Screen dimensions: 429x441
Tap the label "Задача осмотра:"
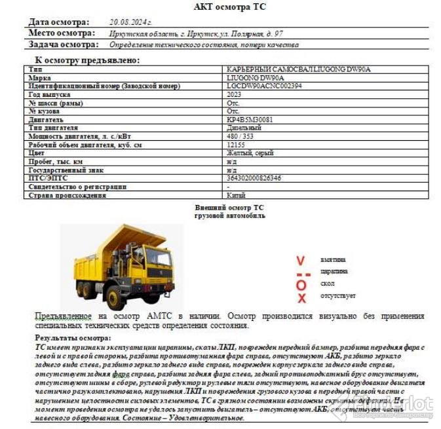click(x=64, y=45)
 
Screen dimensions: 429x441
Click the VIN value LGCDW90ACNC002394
click(x=264, y=86)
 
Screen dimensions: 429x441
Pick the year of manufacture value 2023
click(x=234, y=94)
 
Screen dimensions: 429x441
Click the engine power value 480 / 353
click(x=242, y=136)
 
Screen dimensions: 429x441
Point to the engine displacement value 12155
click(x=236, y=145)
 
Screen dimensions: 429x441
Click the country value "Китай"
click(x=236, y=195)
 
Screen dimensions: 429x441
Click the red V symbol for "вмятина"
click(x=301, y=260)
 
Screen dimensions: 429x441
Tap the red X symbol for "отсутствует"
click(x=301, y=298)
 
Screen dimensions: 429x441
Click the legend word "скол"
click(x=327, y=284)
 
